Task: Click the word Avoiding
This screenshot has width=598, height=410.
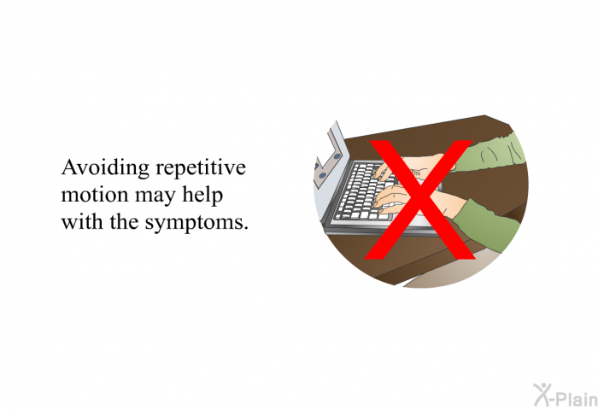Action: tap(105, 167)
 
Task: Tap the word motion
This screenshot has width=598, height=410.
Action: tap(95, 195)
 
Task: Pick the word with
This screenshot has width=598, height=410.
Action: tap(82, 221)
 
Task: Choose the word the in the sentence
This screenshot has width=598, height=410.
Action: tap(124, 221)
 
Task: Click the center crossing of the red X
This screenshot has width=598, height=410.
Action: tap(419, 199)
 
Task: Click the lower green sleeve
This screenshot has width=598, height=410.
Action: tap(486, 225)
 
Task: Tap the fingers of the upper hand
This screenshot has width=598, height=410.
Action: tap(383, 172)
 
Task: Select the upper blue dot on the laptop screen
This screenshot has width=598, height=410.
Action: tap(337, 156)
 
